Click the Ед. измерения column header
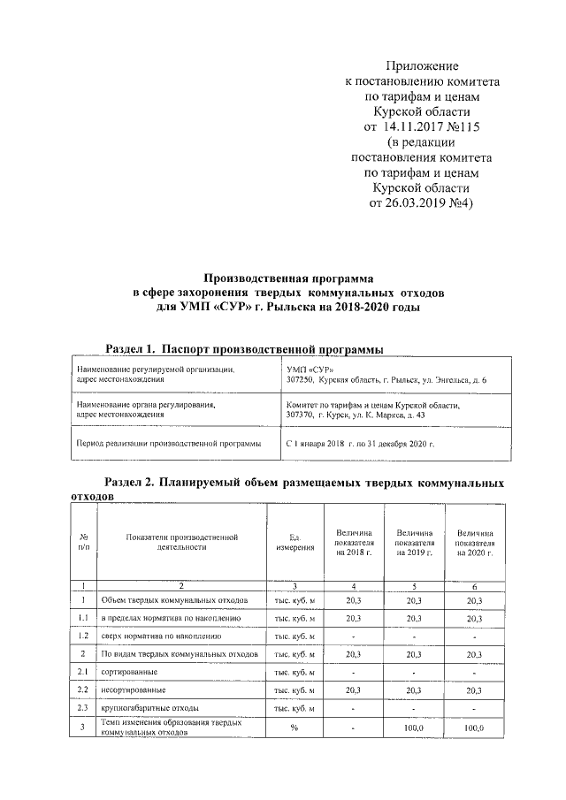tap(295, 543)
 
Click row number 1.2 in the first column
tap(82, 636)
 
